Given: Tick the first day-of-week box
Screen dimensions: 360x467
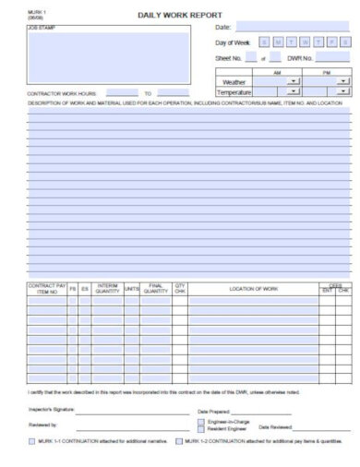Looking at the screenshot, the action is click(265, 42).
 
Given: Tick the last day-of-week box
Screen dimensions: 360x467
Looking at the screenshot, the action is click(343, 42).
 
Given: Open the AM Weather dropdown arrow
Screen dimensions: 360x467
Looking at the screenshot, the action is click(294, 81).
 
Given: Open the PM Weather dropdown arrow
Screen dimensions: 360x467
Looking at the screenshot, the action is click(343, 81).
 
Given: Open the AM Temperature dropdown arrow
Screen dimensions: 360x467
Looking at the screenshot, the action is click(294, 91).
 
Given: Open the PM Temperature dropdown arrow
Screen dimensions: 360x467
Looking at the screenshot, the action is click(343, 91).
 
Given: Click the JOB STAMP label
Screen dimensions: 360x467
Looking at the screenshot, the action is click(40, 29).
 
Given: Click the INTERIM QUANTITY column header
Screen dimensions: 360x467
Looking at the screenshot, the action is click(107, 289).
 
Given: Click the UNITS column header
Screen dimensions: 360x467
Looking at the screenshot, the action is click(132, 289).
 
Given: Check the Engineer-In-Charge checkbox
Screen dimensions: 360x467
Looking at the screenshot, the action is click(201, 422).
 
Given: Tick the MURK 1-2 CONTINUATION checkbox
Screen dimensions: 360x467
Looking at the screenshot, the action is click(178, 442).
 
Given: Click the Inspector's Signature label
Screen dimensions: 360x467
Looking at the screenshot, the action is click(52, 408).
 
